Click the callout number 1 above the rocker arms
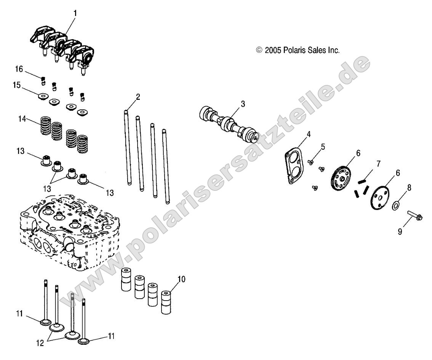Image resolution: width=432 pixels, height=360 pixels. pyautogui.click(x=75, y=13)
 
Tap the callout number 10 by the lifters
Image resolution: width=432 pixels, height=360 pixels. pyautogui.click(x=181, y=280)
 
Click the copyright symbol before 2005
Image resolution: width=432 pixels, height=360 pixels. pyautogui.click(x=259, y=50)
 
